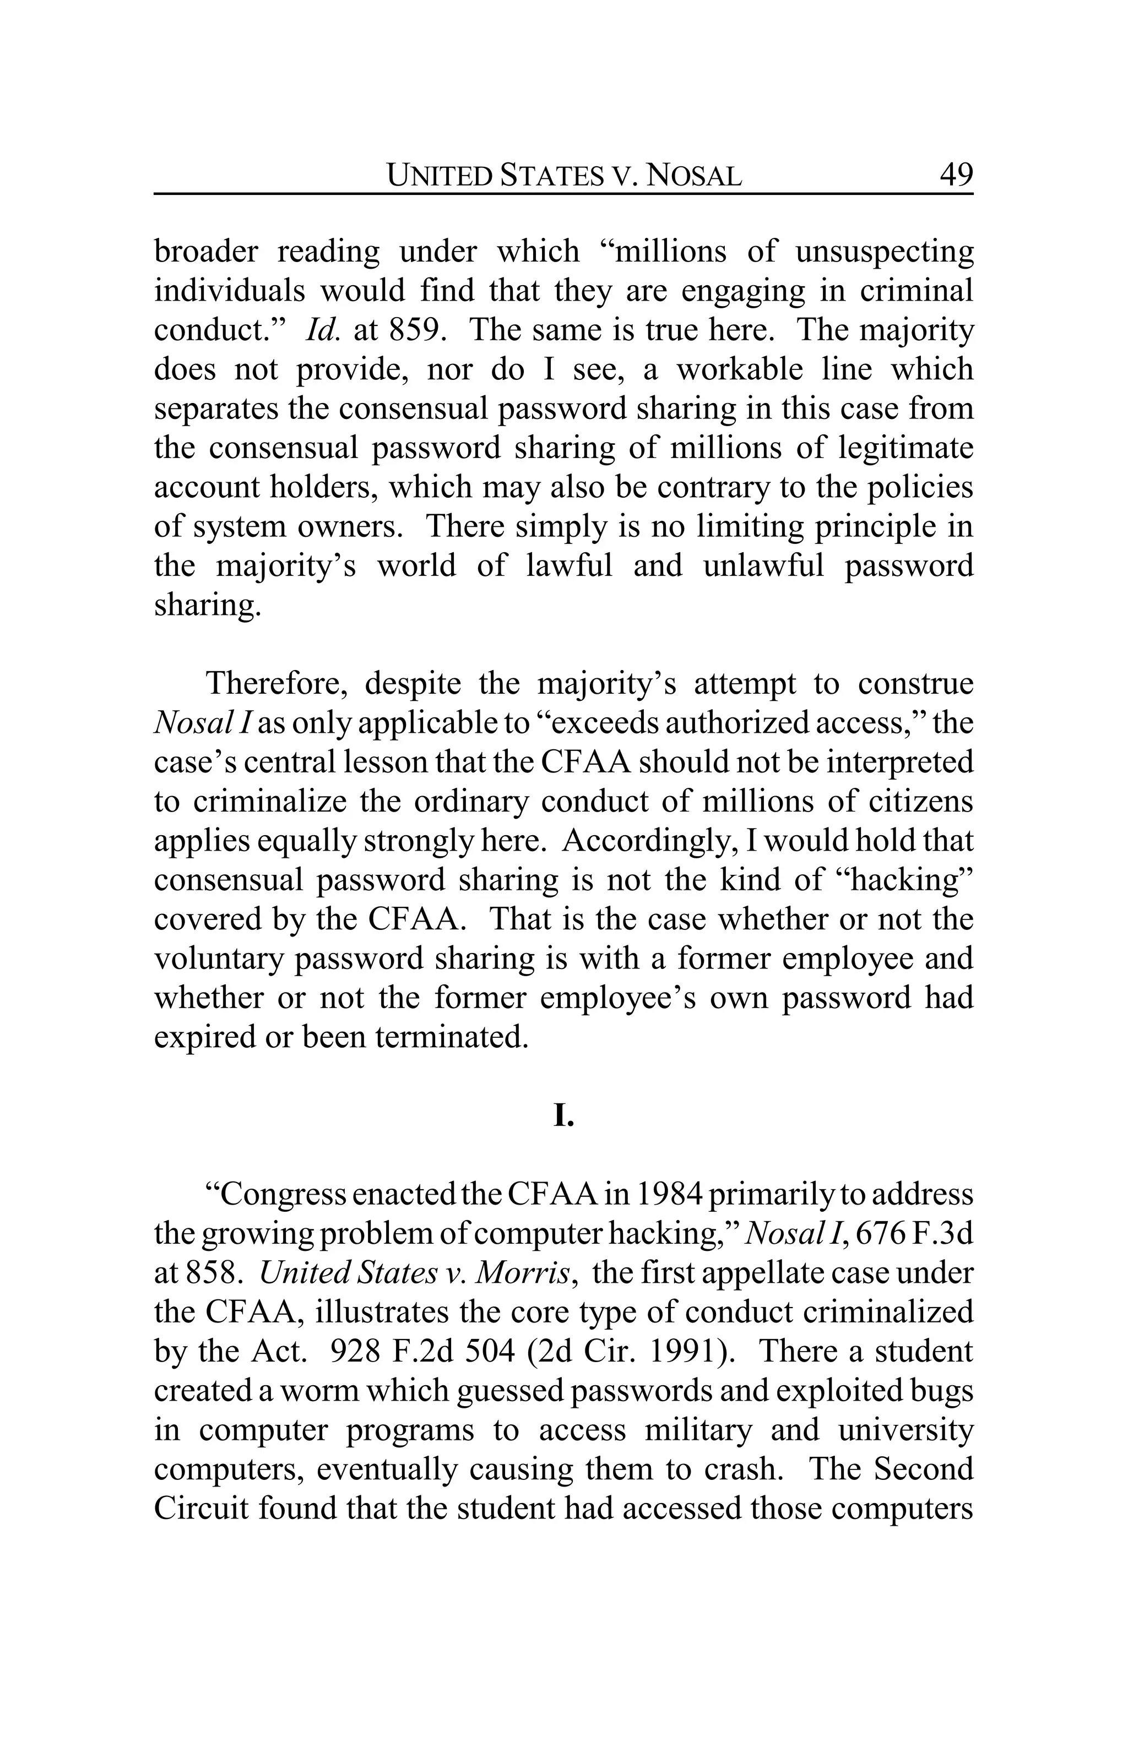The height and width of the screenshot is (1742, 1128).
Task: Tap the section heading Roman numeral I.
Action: [x=563, y=1115]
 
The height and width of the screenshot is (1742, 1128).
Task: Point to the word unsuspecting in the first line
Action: [x=884, y=252]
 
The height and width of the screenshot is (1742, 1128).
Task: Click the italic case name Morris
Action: [x=523, y=1273]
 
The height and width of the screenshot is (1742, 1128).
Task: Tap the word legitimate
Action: [x=905, y=448]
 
